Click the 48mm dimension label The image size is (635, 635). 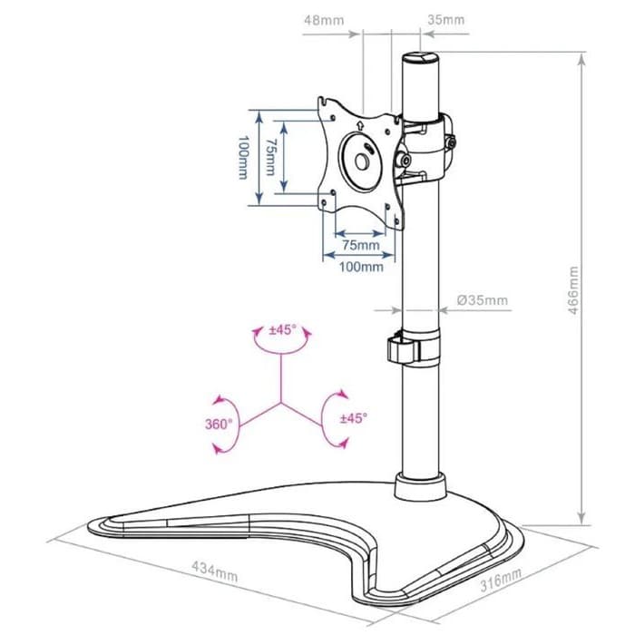tap(317, 19)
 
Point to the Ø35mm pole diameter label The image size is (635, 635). tap(483, 299)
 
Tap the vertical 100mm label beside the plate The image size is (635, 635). tap(243, 157)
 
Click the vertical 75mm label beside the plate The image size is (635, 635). tap(269, 157)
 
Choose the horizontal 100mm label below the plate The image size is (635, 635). tap(361, 267)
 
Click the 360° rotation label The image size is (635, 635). tap(219, 424)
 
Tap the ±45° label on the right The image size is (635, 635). tap(353, 418)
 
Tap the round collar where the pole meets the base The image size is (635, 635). tap(419, 487)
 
